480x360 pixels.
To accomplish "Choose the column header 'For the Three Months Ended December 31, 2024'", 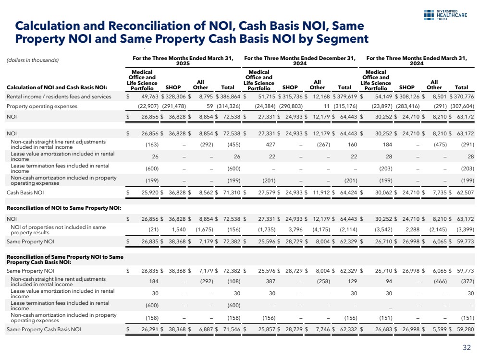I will [300, 61].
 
